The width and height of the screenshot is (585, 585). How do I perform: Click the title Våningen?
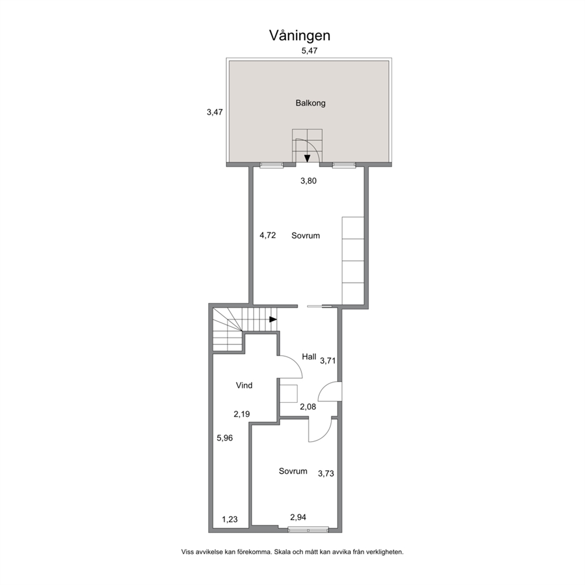click(300, 36)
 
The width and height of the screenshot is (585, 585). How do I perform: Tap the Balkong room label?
click(310, 103)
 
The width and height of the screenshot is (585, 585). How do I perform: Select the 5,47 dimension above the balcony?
click(309, 51)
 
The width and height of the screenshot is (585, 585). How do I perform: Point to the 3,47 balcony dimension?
click(215, 112)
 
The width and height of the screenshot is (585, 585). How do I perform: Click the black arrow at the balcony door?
click(307, 158)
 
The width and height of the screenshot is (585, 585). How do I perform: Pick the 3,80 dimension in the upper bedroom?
click(308, 181)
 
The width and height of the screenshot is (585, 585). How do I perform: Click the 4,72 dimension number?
click(268, 235)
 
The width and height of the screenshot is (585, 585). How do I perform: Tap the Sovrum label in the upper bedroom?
click(305, 235)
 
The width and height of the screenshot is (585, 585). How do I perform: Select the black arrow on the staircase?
click(273, 320)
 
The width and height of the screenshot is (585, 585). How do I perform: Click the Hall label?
click(309, 357)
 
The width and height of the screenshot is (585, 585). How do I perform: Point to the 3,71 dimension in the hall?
click(328, 361)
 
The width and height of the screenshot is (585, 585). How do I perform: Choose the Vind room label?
click(244, 385)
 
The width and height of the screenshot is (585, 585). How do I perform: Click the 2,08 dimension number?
click(308, 407)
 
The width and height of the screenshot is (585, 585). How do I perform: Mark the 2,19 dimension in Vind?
click(242, 414)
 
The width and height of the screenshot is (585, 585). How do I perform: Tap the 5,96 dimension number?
click(225, 438)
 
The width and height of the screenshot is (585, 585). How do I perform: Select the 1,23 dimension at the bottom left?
click(230, 520)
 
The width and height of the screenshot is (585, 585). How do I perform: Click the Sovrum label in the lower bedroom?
click(293, 471)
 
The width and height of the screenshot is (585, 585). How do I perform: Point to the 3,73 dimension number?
click(326, 474)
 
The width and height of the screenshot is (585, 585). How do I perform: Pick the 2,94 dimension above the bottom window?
click(298, 517)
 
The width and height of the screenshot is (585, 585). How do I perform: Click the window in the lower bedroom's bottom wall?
click(308, 528)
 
